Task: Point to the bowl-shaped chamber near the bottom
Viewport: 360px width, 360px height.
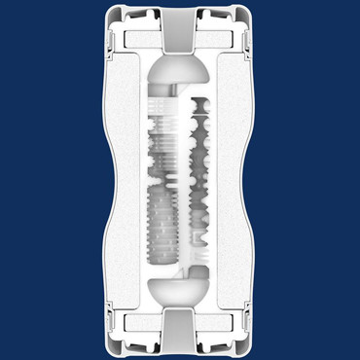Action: click(180, 286)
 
